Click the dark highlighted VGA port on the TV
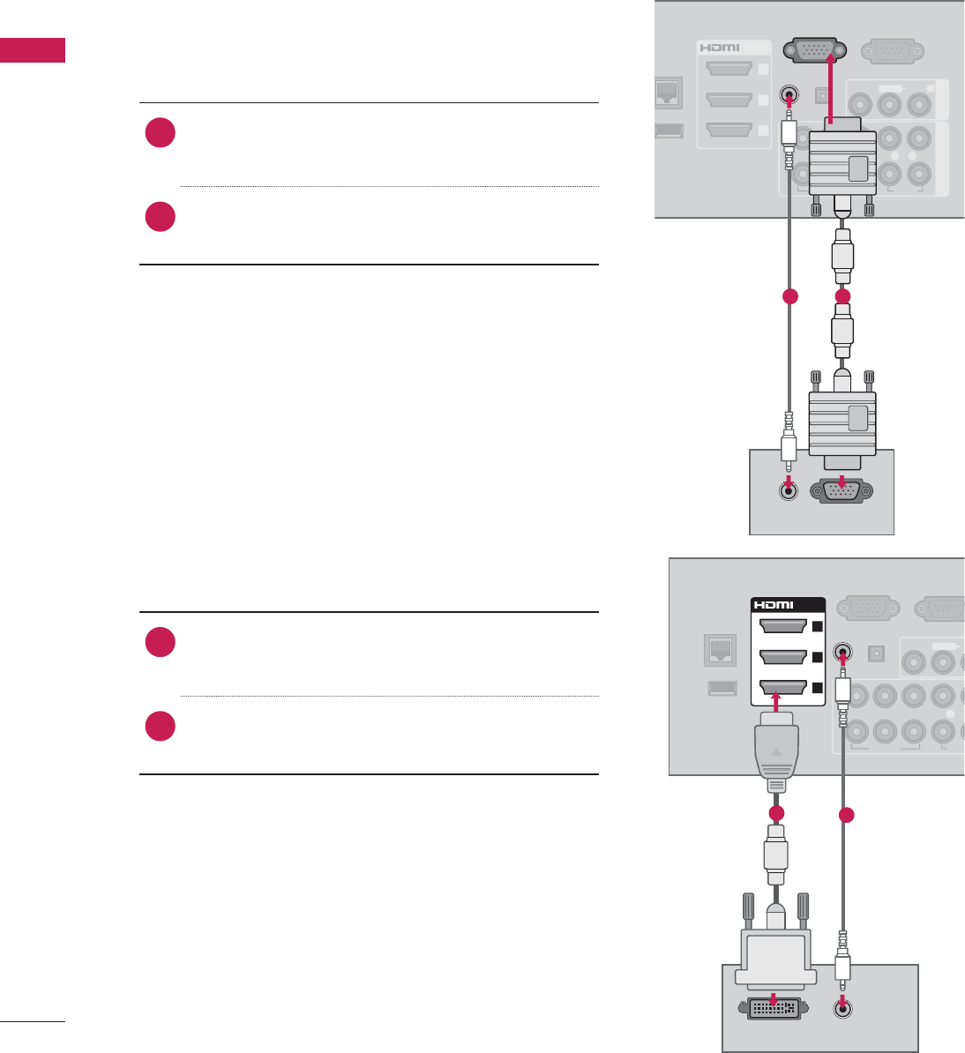(x=812, y=51)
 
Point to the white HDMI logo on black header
(x=774, y=605)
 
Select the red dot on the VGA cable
(x=842, y=297)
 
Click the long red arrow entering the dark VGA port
(x=831, y=88)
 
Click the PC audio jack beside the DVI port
(x=844, y=1005)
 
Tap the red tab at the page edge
(x=33, y=50)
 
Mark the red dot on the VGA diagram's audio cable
(x=789, y=297)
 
